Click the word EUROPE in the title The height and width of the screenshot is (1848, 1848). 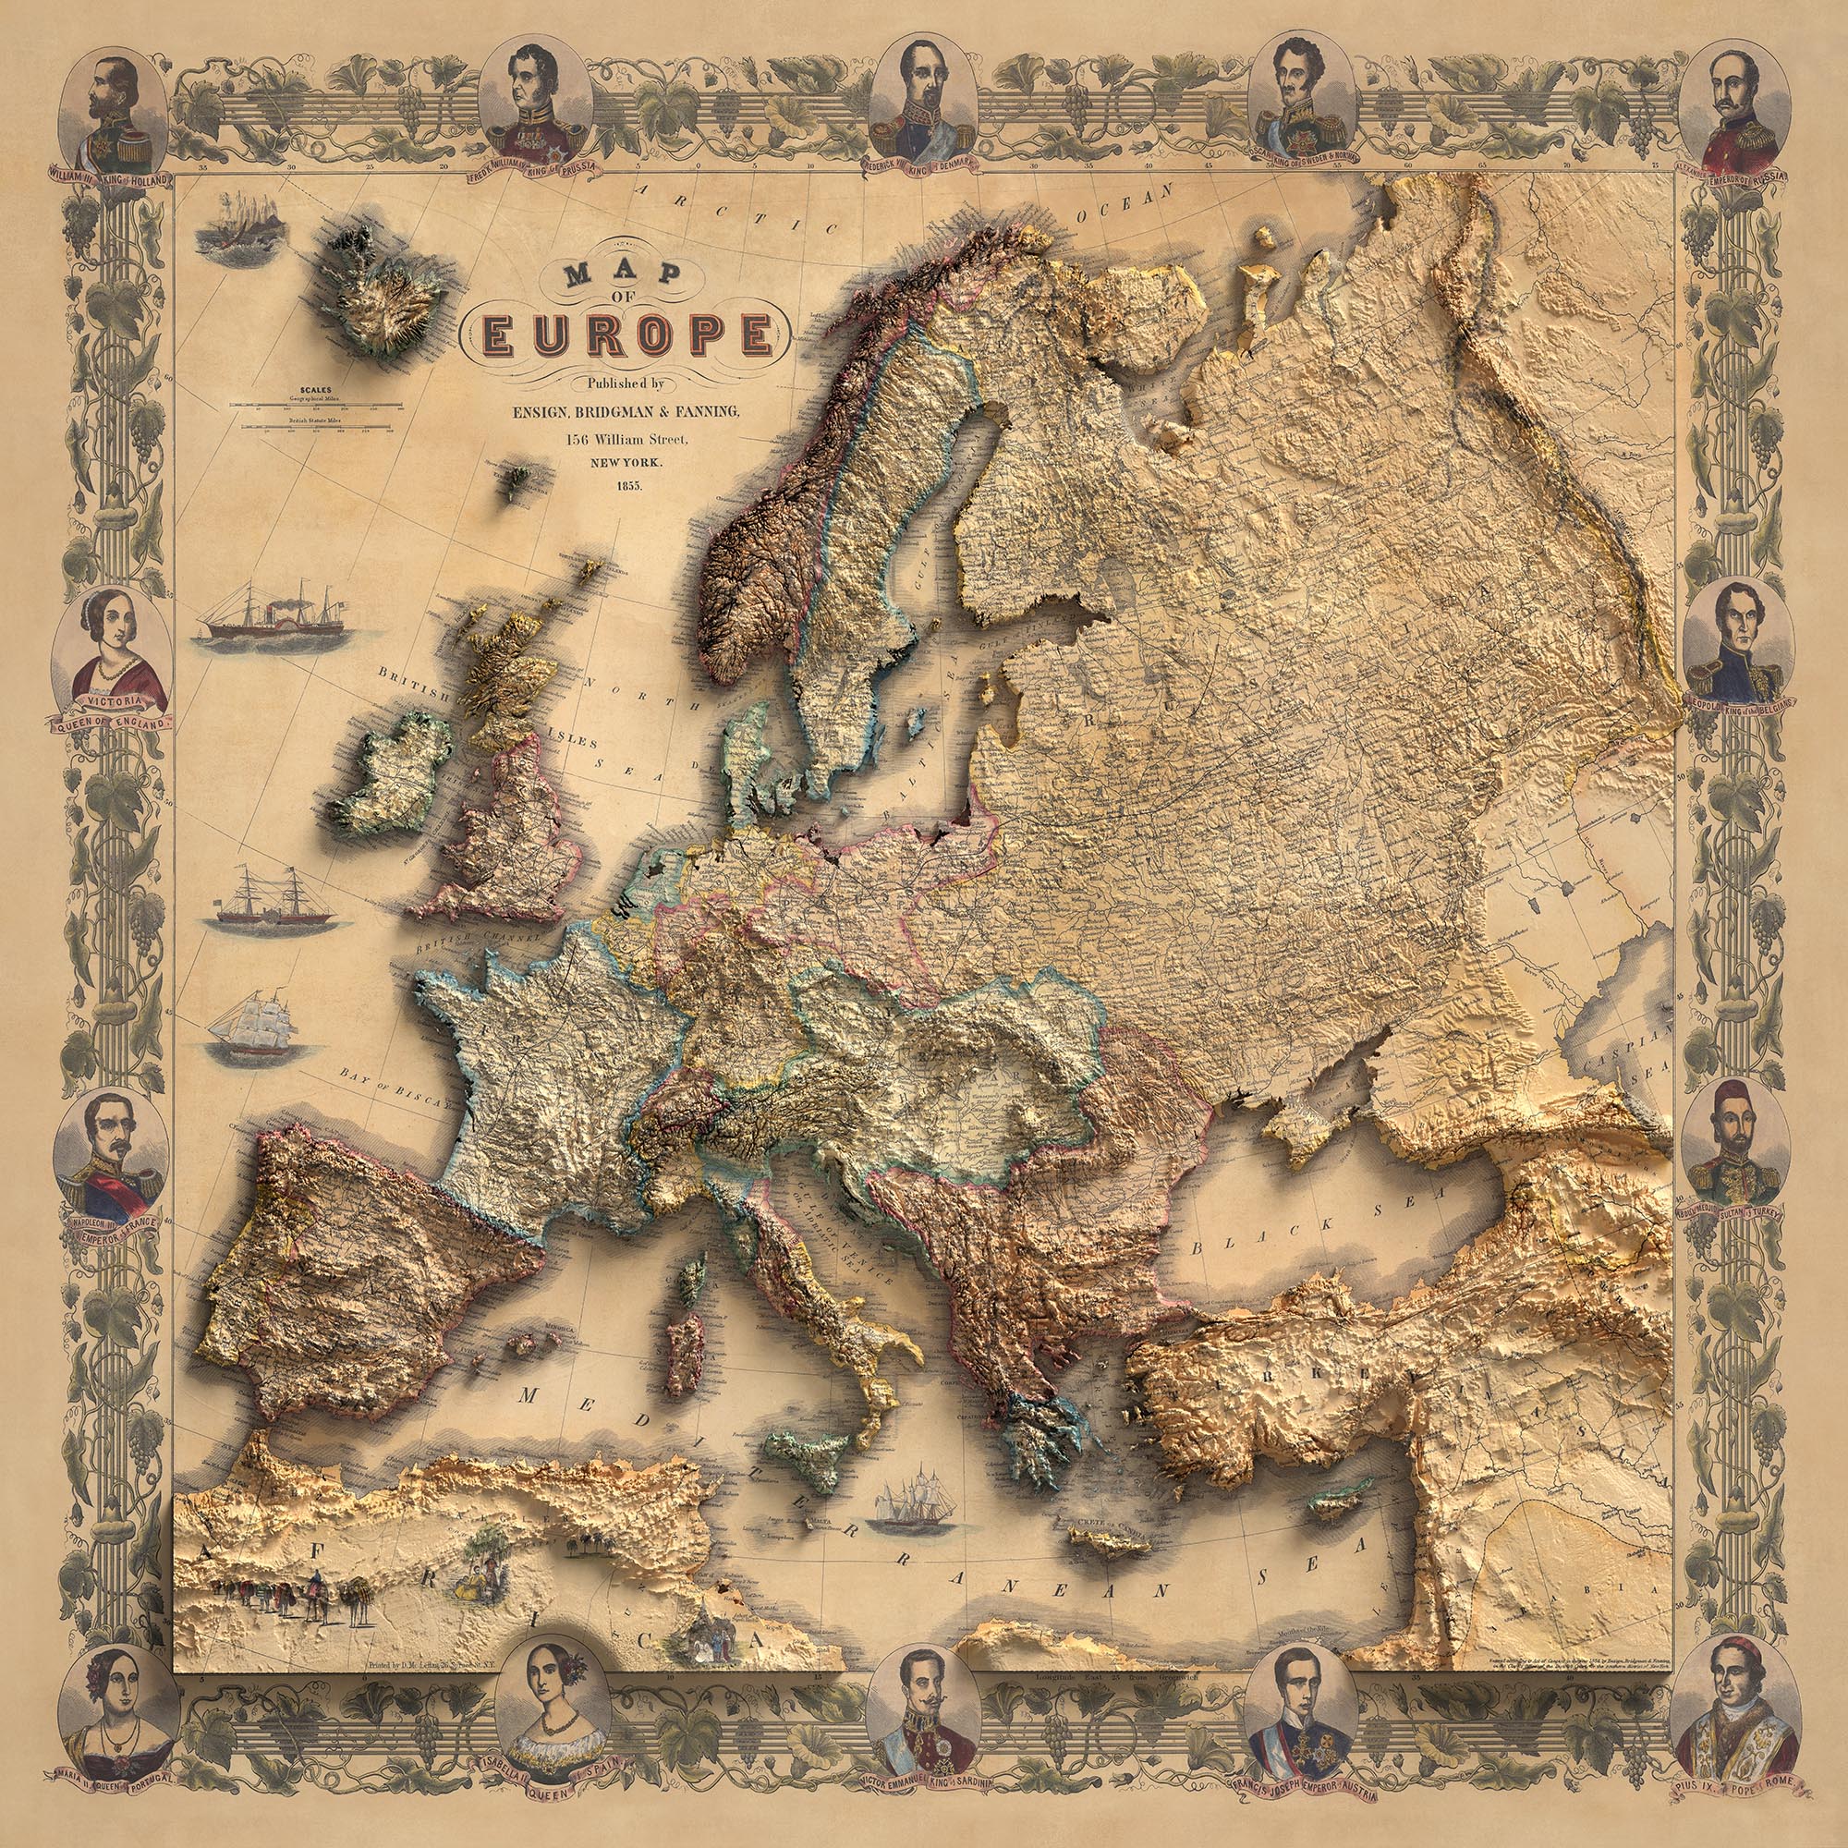627,334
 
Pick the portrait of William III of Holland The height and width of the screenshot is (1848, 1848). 114,111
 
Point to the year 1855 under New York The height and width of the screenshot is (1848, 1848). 626,486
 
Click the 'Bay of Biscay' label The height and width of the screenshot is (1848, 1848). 392,1085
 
